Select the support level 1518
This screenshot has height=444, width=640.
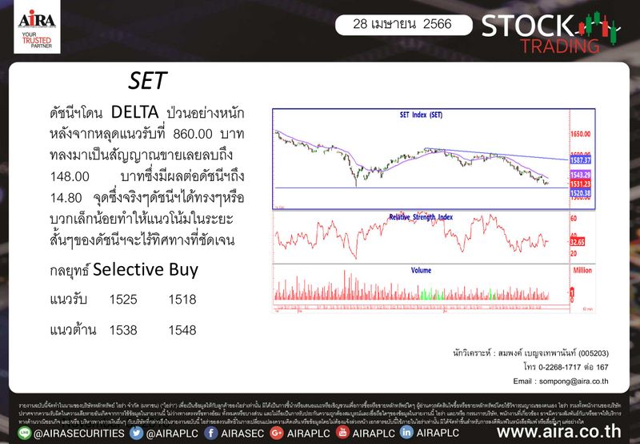pos(182,300)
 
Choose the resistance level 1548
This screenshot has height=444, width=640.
pos(182,329)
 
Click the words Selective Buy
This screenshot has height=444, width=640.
pos(145,270)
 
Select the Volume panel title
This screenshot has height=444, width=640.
pos(421,271)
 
